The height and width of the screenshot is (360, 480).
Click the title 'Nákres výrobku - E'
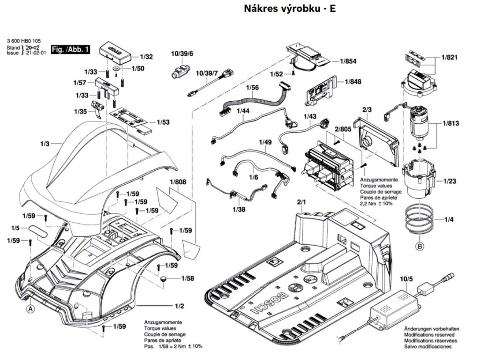[290, 9]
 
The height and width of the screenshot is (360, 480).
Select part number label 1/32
[146, 57]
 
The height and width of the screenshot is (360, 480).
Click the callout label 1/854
[348, 61]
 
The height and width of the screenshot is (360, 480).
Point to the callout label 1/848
[352, 82]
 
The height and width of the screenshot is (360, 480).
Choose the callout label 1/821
[449, 57]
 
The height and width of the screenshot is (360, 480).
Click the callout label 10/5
[406, 280]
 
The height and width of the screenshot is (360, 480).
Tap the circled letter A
[30, 309]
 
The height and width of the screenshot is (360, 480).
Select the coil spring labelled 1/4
[418, 220]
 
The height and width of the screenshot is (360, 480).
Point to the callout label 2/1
[301, 202]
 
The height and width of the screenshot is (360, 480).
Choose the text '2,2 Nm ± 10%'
[376, 204]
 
